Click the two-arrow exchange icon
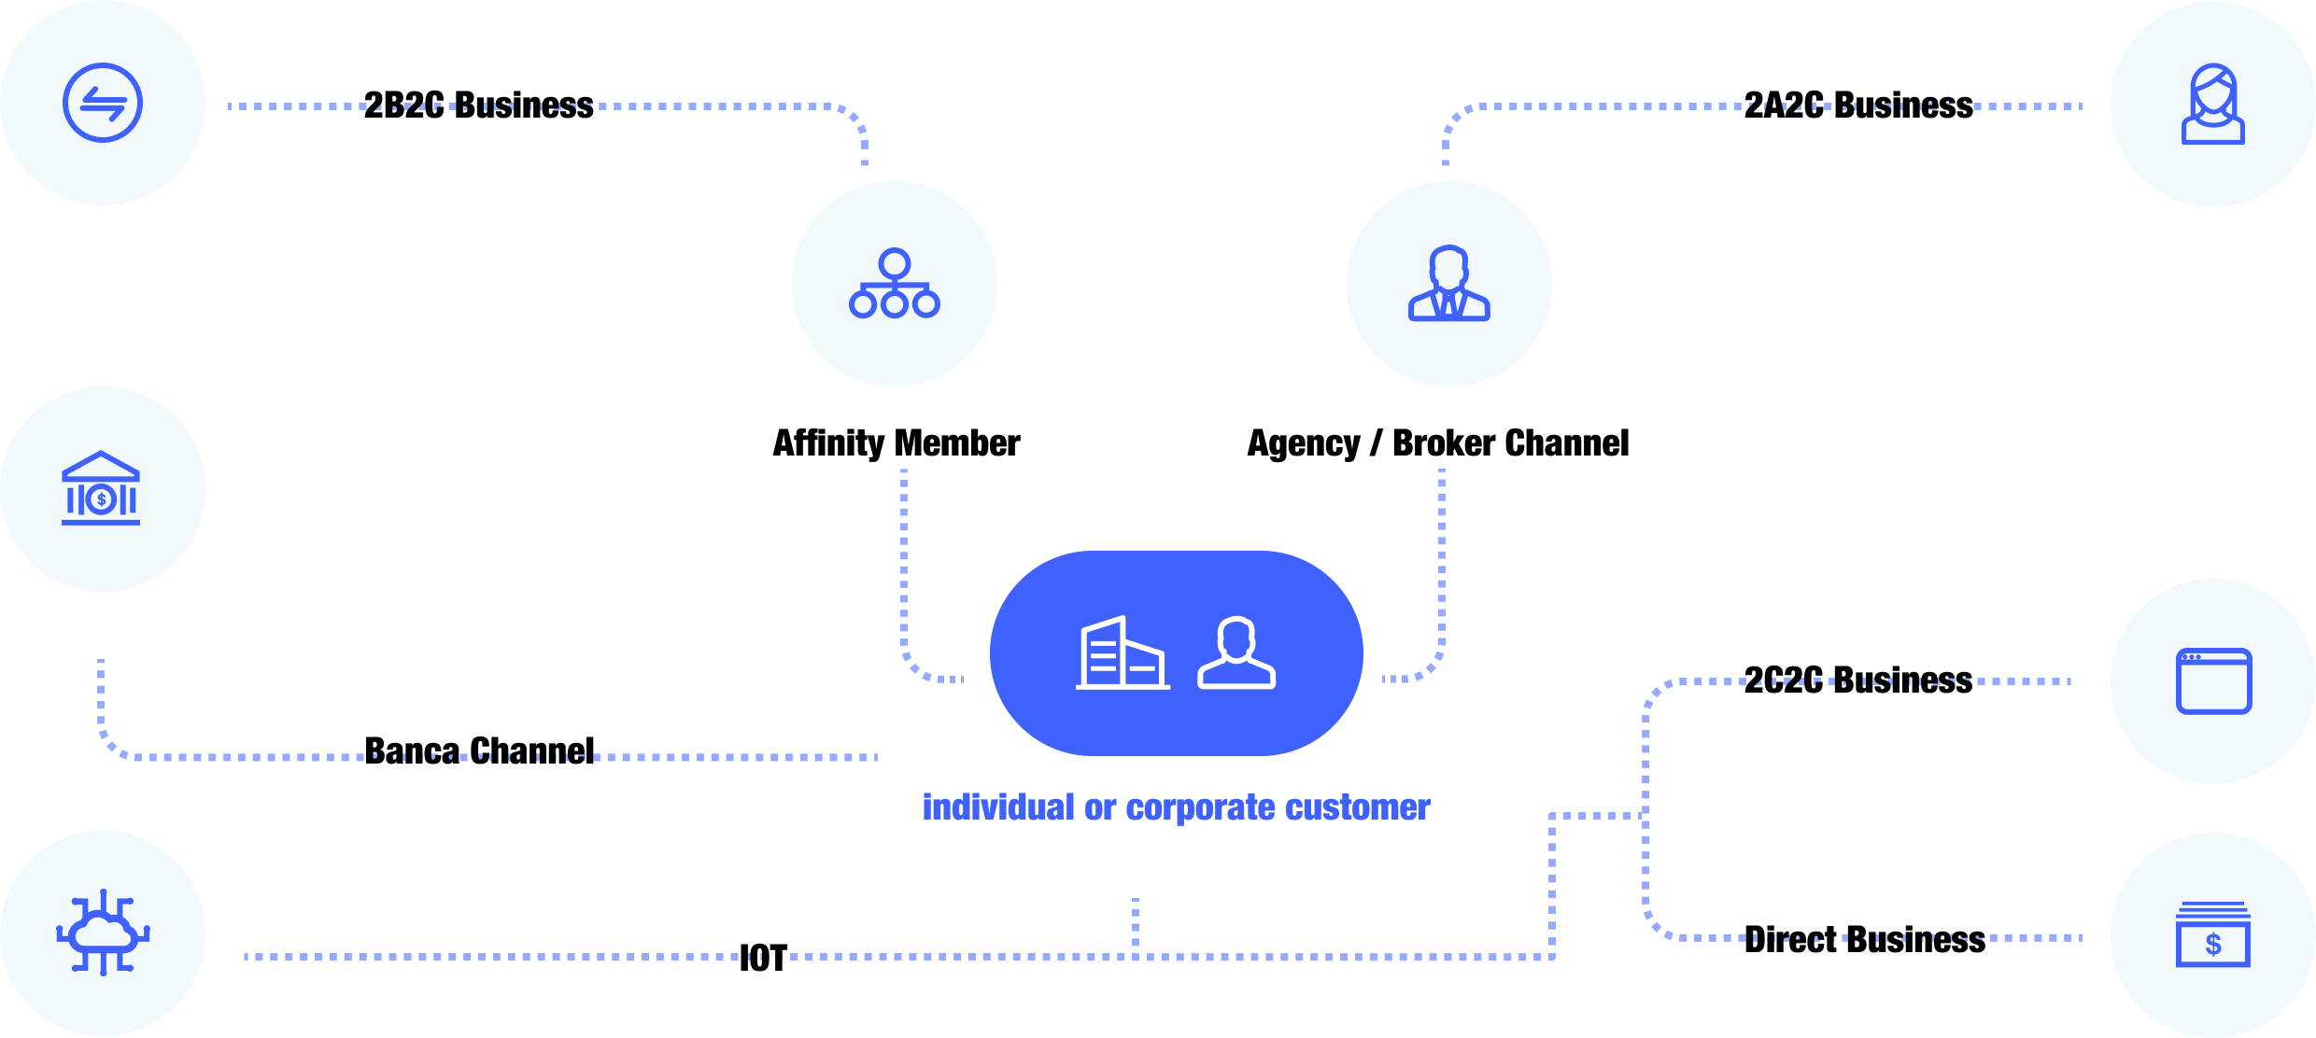(x=103, y=103)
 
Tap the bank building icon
(x=101, y=488)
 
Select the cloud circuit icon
(x=103, y=933)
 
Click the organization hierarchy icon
(x=895, y=284)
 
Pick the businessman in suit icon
(x=1448, y=284)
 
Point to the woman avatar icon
(x=2212, y=104)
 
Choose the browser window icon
(x=2213, y=681)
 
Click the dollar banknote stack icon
(x=2212, y=934)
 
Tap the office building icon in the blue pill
(x=1122, y=653)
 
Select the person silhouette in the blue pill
(x=1236, y=653)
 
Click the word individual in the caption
(x=998, y=807)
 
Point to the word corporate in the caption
(x=1200, y=808)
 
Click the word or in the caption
(x=1100, y=808)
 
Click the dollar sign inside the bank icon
(x=102, y=499)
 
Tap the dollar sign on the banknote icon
(x=2213, y=945)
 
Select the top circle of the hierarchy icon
(x=895, y=263)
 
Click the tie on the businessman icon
(x=1448, y=304)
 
